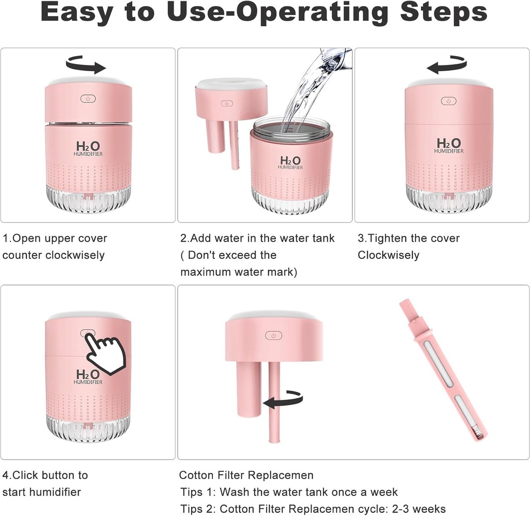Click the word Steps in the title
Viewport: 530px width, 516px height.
pos(443,13)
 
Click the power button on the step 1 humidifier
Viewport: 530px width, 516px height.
pos(88,98)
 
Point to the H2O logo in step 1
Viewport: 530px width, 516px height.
pos(88,148)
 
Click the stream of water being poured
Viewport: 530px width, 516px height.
pos(313,90)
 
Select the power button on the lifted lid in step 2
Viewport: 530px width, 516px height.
pos(227,103)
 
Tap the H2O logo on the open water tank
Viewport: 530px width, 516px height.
pos(290,162)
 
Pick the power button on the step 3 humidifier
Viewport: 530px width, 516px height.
pos(449,101)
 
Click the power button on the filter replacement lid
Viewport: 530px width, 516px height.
pos(273,335)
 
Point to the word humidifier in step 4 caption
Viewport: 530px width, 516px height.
pos(55,492)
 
